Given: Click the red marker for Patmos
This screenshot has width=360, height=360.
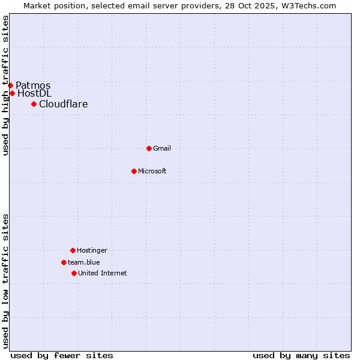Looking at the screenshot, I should [x=10, y=85].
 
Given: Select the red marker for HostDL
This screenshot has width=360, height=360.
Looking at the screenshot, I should [x=12, y=93].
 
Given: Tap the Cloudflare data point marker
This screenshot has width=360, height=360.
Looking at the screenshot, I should [x=34, y=104].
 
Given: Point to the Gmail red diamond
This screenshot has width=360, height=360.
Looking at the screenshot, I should [x=149, y=148].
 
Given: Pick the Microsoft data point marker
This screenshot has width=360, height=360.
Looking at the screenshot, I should [x=134, y=171].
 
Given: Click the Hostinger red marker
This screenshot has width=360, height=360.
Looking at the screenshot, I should [x=73, y=250].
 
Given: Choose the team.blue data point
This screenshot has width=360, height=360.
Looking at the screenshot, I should [x=64, y=262].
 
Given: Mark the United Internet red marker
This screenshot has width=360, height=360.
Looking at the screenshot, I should [x=74, y=273].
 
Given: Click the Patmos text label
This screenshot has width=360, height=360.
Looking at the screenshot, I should [x=33, y=85].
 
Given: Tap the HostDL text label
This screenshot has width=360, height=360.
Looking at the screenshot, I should [x=34, y=93].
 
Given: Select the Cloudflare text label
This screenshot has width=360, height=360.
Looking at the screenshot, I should [x=63, y=104].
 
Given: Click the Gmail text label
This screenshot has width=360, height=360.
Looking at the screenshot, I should [x=162, y=148].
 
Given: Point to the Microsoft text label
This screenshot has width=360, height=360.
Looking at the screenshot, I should [x=152, y=171].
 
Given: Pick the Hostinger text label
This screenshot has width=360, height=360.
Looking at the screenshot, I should [x=92, y=250].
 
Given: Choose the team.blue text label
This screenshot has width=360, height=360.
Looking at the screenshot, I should [x=83, y=262].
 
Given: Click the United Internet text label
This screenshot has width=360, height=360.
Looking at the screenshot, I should [x=102, y=273].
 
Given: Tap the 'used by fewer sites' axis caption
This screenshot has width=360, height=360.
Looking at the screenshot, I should [x=62, y=355].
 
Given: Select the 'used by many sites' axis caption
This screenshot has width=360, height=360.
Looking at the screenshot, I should [x=301, y=355].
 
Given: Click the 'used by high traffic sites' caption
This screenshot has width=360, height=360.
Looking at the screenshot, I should [x=5, y=85].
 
